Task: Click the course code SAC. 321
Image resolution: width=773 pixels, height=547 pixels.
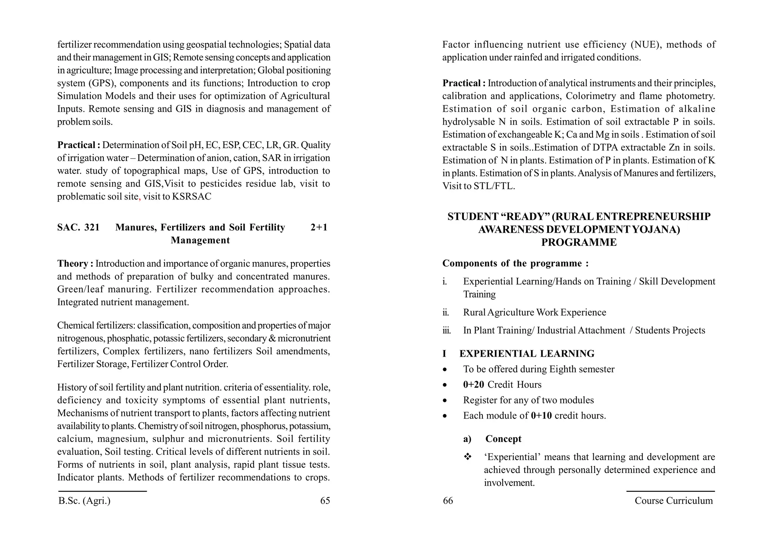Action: [78, 227]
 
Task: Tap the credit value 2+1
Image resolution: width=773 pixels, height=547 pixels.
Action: [319, 227]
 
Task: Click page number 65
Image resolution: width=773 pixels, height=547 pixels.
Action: [325, 501]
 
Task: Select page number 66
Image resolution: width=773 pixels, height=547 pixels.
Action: [448, 501]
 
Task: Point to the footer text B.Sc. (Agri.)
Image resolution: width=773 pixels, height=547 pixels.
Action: [85, 501]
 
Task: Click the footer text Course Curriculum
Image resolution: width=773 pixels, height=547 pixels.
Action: [674, 501]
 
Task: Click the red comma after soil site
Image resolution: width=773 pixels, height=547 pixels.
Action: [140, 198]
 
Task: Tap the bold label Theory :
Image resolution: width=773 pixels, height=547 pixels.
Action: [75, 264]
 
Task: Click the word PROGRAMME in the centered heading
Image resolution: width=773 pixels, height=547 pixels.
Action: [579, 243]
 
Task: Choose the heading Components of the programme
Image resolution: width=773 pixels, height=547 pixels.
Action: [515, 263]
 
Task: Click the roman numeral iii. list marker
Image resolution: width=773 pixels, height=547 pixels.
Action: [447, 331]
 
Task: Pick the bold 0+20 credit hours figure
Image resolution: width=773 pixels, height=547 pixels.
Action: [473, 385]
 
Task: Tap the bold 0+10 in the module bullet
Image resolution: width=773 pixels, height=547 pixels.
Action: [541, 416]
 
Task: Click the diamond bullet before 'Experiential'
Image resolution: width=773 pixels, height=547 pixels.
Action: [468, 457]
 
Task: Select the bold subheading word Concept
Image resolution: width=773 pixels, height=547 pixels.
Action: [503, 439]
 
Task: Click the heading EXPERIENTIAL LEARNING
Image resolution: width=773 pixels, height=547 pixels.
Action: [527, 354]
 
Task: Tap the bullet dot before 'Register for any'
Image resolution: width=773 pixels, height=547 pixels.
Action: [445, 400]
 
